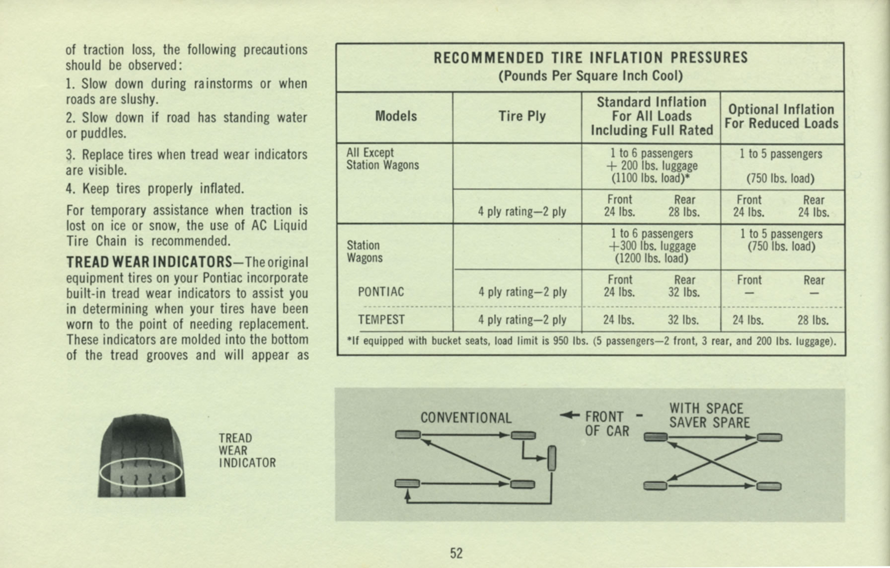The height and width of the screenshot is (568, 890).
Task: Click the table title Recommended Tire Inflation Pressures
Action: click(591, 58)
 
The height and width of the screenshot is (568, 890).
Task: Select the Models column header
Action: click(396, 116)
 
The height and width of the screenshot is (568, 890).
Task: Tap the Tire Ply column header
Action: click(522, 116)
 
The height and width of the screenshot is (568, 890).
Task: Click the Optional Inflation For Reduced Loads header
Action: click(781, 116)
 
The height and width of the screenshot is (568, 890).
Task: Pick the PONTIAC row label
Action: click(381, 292)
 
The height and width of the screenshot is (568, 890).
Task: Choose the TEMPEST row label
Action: click(381, 320)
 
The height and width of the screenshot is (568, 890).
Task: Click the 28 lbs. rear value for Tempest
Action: click(813, 321)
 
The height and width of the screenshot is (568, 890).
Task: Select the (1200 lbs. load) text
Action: click(651, 258)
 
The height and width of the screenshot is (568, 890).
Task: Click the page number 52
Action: click(456, 553)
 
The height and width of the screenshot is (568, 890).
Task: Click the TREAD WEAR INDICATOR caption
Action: click(247, 450)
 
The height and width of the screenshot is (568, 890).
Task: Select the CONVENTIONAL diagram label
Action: click(466, 418)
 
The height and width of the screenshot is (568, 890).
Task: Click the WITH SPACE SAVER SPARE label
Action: click(709, 415)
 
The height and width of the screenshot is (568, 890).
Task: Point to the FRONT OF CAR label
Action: click(606, 423)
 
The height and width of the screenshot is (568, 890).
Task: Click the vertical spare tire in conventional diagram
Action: click(551, 458)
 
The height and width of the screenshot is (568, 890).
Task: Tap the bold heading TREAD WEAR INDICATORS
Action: click(149, 262)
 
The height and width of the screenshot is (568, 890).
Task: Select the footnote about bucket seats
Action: click(591, 341)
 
